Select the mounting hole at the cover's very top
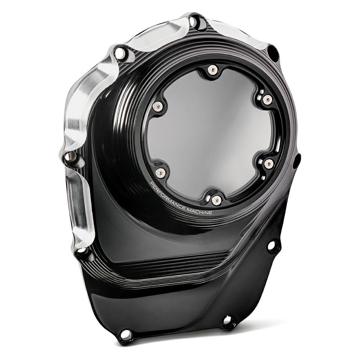(195, 22)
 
